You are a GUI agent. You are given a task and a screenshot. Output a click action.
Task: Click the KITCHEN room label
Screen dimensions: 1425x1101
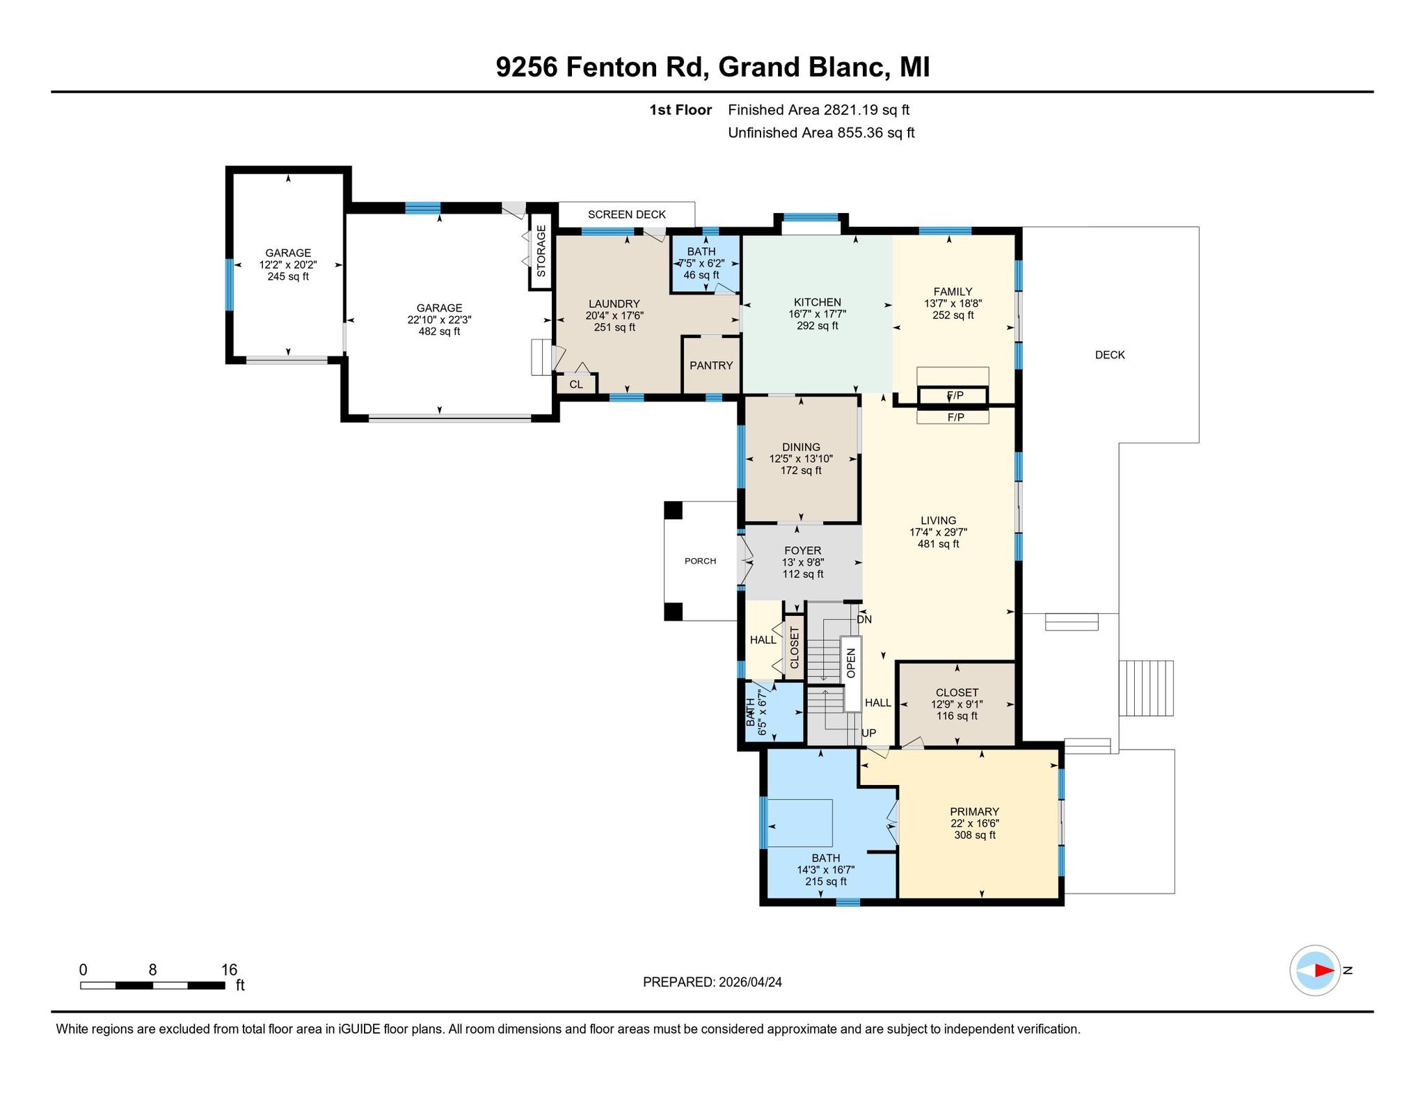pyautogui.click(x=818, y=302)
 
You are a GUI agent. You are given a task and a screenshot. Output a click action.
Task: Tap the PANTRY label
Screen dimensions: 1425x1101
pyautogui.click(x=711, y=365)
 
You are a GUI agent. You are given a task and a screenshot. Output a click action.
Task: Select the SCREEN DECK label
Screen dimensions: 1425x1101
pyautogui.click(x=627, y=214)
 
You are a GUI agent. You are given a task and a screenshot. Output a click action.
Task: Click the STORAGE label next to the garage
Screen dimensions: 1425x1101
pyautogui.click(x=541, y=251)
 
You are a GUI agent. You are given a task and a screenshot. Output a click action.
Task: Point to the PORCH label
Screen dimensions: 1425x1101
pyautogui.click(x=700, y=561)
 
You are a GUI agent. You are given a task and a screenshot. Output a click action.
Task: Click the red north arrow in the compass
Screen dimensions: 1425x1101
pyautogui.click(x=1323, y=970)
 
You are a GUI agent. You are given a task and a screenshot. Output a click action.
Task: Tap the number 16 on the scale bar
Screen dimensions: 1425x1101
pyautogui.click(x=229, y=969)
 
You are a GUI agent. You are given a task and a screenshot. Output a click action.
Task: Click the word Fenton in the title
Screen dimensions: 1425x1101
pyautogui.click(x=611, y=68)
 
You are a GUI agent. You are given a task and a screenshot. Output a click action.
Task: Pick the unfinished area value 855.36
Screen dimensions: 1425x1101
pyautogui.click(x=859, y=133)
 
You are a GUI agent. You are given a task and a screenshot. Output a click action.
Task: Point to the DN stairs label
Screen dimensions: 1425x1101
pyautogui.click(x=864, y=619)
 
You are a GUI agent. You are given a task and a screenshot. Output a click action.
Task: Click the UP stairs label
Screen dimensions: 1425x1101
pyautogui.click(x=869, y=733)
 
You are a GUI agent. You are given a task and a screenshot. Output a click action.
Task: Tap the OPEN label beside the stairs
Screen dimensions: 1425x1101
pyautogui.click(x=851, y=663)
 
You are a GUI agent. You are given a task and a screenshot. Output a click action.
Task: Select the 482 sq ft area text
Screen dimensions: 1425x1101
pyautogui.click(x=439, y=331)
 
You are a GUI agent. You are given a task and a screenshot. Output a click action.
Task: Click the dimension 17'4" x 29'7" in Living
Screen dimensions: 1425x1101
pyautogui.click(x=938, y=532)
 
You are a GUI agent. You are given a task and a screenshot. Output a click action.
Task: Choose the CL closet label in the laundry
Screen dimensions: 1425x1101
pyautogui.click(x=576, y=384)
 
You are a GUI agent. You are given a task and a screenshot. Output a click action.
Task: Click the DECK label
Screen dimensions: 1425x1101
pyautogui.click(x=1110, y=355)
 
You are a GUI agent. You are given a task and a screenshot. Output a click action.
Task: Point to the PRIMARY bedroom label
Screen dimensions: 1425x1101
pyautogui.click(x=975, y=811)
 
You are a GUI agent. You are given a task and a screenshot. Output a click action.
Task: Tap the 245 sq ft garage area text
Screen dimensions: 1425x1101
pyautogui.click(x=288, y=276)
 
